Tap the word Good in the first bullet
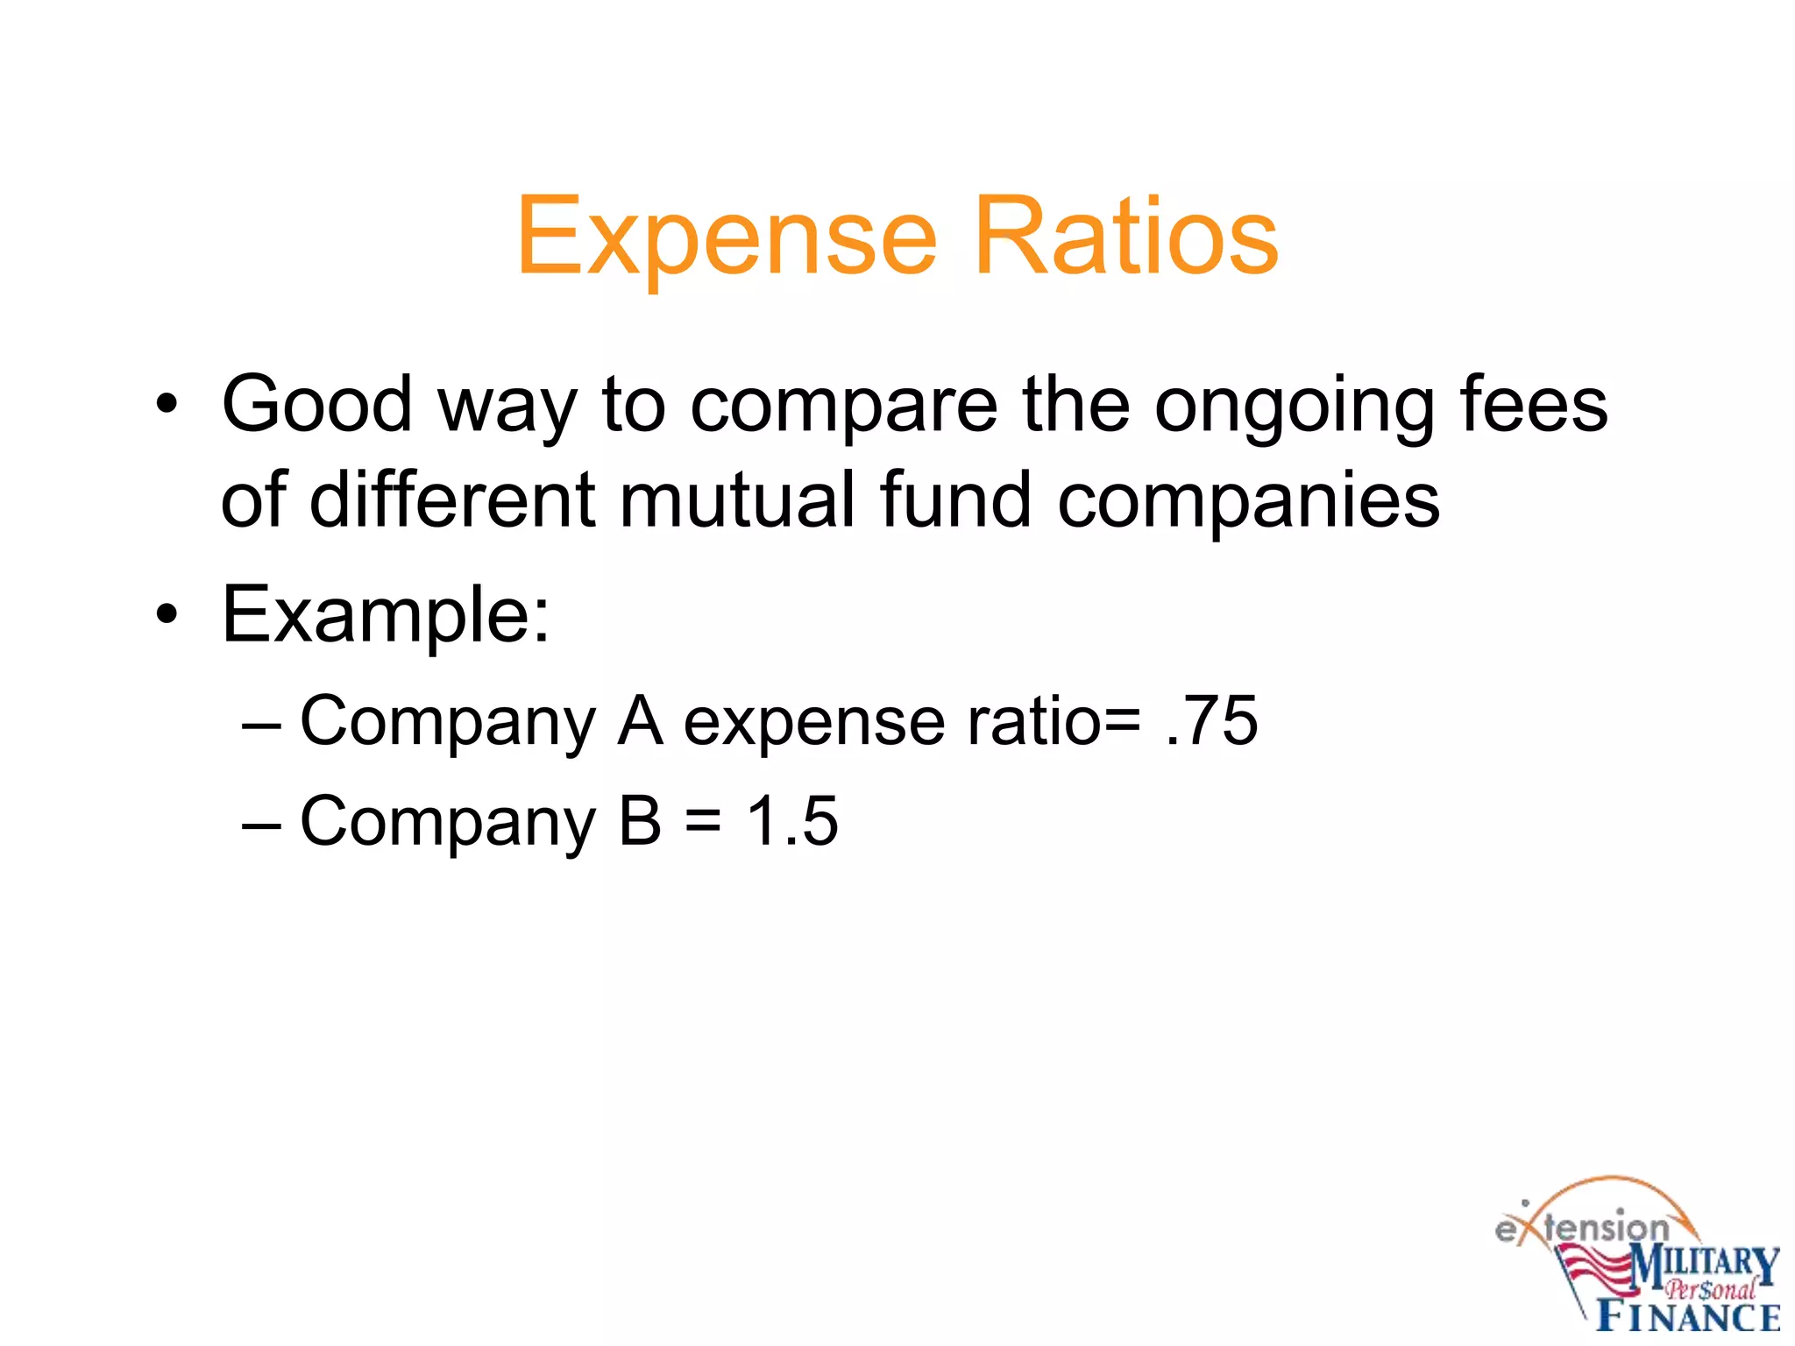[x=316, y=404]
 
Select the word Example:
[x=386, y=615]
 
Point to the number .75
[x=1212, y=720]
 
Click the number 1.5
[x=791, y=821]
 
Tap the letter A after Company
[x=639, y=720]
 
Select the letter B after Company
[x=639, y=821]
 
